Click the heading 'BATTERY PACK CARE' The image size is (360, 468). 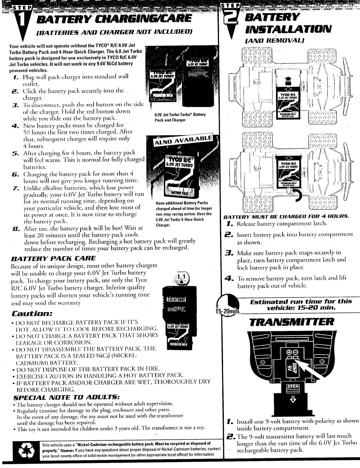(x=54, y=258)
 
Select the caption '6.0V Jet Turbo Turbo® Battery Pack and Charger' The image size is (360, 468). (x=180, y=117)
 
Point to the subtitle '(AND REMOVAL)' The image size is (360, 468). (x=275, y=41)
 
